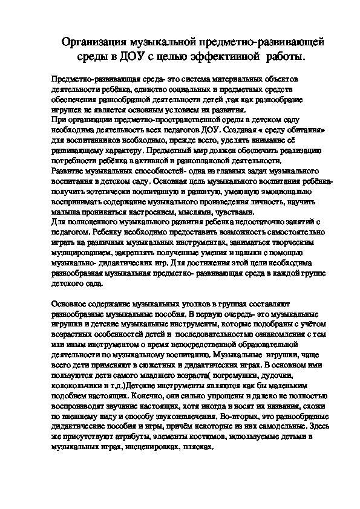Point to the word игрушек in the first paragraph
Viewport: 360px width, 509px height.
tap(68, 109)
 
